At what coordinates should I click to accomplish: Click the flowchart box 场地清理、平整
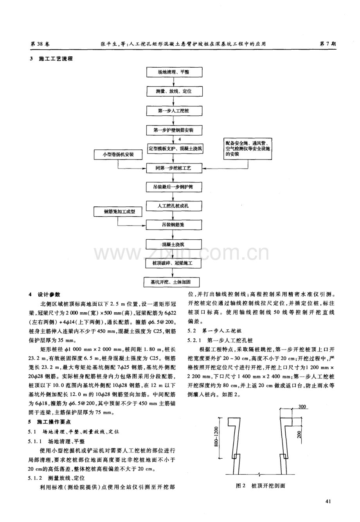174,73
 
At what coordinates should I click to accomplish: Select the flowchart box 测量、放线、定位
174,91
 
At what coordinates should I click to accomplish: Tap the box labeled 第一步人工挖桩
174,111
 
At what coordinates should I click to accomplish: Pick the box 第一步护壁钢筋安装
174,130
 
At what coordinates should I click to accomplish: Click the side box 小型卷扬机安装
118,155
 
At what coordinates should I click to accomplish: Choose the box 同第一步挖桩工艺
174,168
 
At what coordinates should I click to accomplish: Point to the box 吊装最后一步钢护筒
174,187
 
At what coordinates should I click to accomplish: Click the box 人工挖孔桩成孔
174,206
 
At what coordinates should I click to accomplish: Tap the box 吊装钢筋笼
174,225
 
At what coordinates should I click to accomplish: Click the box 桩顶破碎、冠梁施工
174,263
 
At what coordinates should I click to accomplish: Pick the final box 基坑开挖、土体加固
174,282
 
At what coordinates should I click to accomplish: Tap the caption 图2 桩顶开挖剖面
260,486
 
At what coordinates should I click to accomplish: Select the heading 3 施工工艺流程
51,59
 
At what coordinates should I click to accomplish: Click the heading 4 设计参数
46,295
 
